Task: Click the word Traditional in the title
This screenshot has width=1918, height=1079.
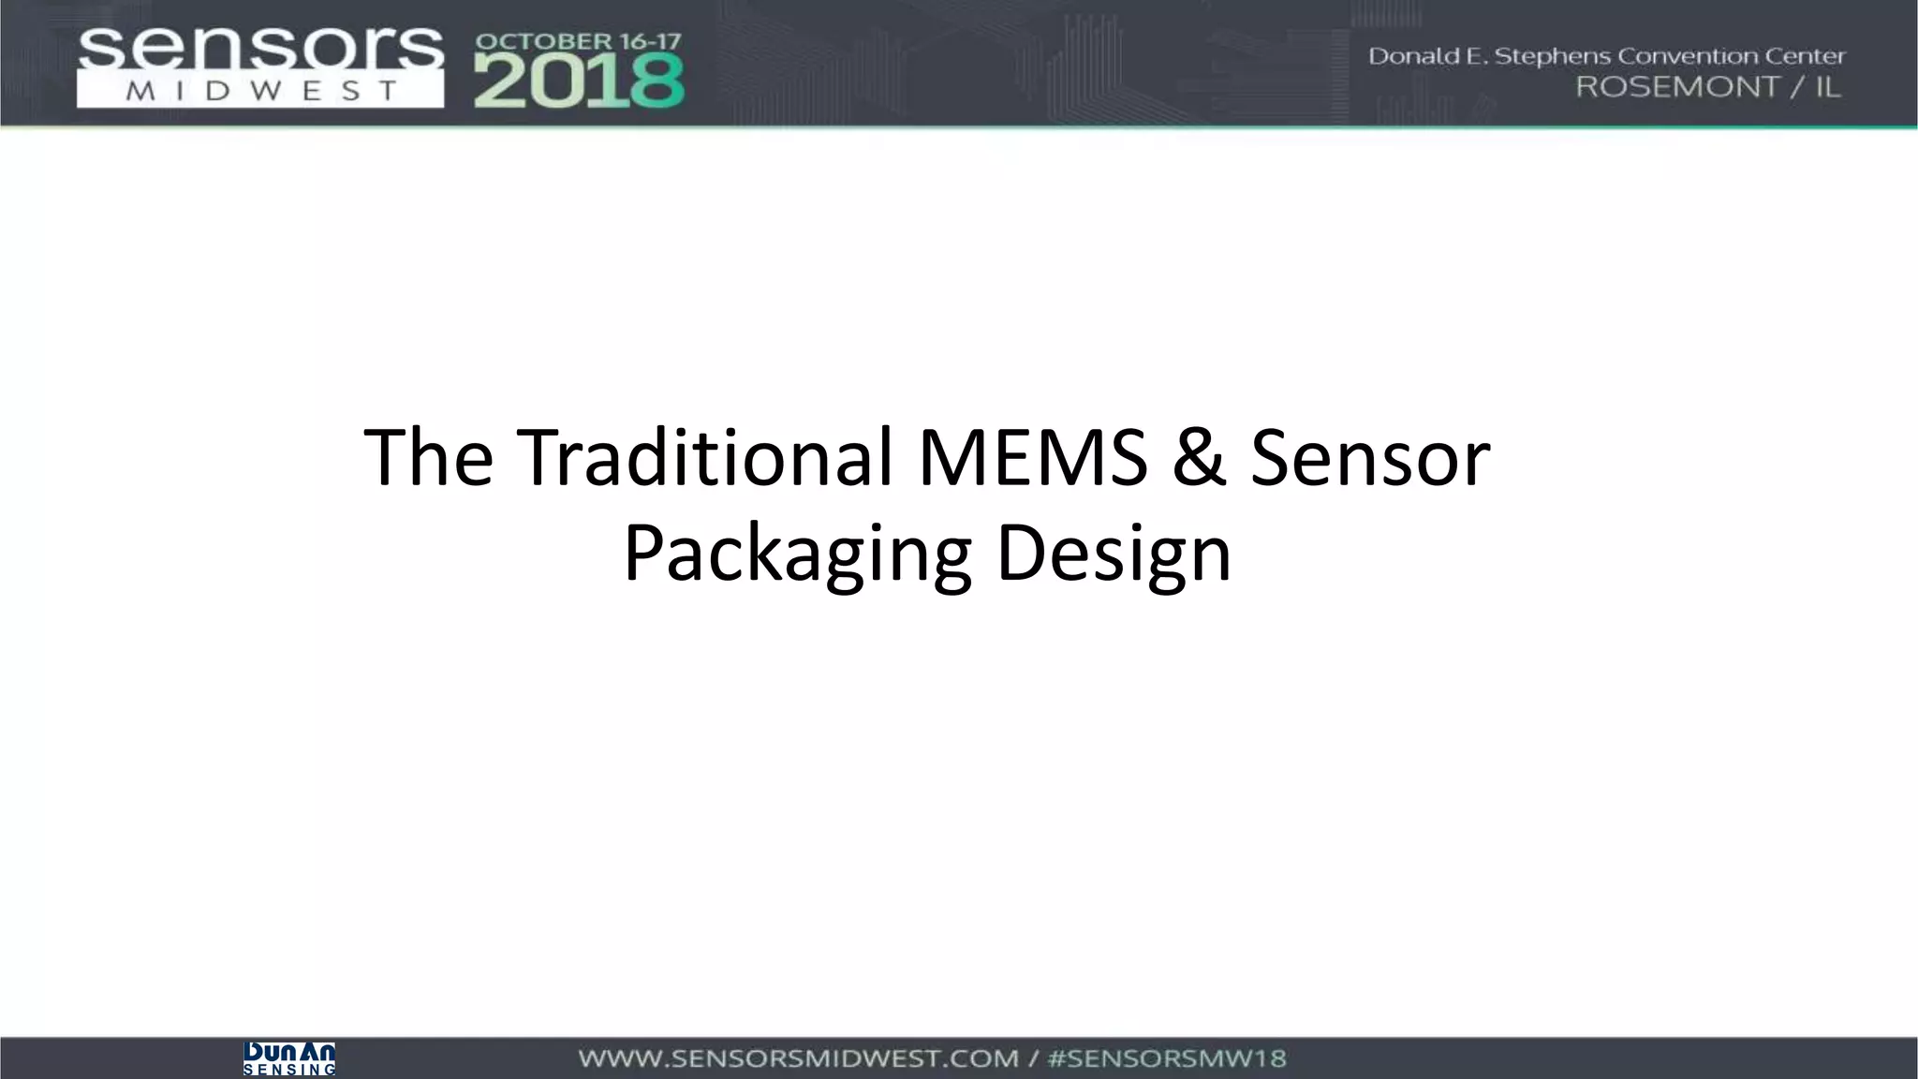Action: coord(704,457)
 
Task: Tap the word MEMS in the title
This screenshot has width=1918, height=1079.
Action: coord(1032,457)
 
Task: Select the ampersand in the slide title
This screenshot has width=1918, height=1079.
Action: coord(1198,457)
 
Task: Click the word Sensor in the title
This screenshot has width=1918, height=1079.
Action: coord(1369,457)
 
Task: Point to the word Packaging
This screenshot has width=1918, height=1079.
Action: coord(797,554)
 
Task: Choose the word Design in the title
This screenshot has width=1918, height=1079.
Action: coord(1114,554)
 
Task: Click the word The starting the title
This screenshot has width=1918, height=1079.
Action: coord(428,457)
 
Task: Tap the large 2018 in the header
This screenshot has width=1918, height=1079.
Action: coord(579,81)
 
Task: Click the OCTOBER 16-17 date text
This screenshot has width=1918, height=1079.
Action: coord(579,42)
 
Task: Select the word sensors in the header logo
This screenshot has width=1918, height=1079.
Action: coord(260,49)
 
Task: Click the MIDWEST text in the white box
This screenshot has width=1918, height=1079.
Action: coord(260,92)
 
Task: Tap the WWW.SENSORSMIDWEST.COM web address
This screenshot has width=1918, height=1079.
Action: coord(798,1059)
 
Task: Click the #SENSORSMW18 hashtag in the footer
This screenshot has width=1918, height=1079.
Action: coord(1167,1059)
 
